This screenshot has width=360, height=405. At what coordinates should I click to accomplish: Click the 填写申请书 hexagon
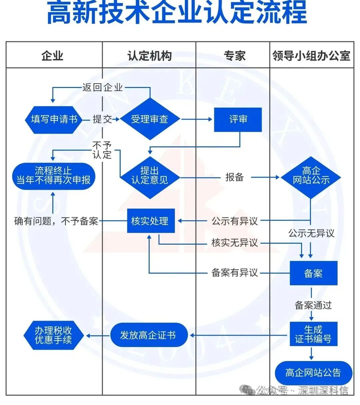coord(54,120)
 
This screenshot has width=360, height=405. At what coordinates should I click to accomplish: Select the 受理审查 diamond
coord(150,119)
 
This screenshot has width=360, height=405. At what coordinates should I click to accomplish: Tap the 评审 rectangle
coord(238,119)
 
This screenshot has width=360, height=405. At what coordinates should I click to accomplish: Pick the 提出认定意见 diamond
coord(150,176)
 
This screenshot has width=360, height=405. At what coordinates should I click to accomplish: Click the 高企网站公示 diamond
coord(311,176)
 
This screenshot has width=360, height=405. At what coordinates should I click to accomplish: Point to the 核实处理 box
coord(151,221)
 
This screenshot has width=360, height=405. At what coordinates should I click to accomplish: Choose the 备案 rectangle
coord(313,273)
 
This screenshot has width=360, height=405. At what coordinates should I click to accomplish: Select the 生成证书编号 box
coord(313,334)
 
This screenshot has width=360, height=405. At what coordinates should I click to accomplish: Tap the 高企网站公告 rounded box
coord(313,373)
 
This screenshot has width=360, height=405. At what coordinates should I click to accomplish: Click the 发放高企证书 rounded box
coord(149,335)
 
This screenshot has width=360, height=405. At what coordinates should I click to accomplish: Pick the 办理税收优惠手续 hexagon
coord(54,335)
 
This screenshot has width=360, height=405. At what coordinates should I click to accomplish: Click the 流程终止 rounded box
coord(54,176)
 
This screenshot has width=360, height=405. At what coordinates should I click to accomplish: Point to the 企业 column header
coord(53,56)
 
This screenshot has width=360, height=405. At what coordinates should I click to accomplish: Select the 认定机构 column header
coord(149,56)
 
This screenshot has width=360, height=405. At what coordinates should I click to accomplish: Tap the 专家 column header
coord(234,56)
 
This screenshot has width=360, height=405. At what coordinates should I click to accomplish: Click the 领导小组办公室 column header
coord(311,56)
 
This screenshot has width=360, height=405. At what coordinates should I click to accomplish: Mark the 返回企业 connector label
coord(103,88)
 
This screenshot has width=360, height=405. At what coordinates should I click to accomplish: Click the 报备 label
coord(234,177)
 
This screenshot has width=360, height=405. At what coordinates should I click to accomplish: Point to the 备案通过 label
coord(313,305)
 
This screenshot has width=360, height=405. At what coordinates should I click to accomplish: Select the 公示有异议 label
coord(235,221)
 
